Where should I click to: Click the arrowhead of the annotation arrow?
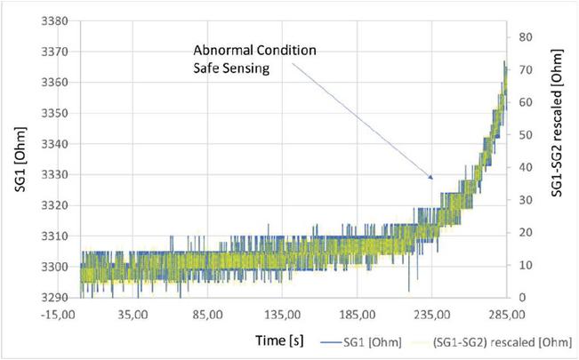pos(431,179)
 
